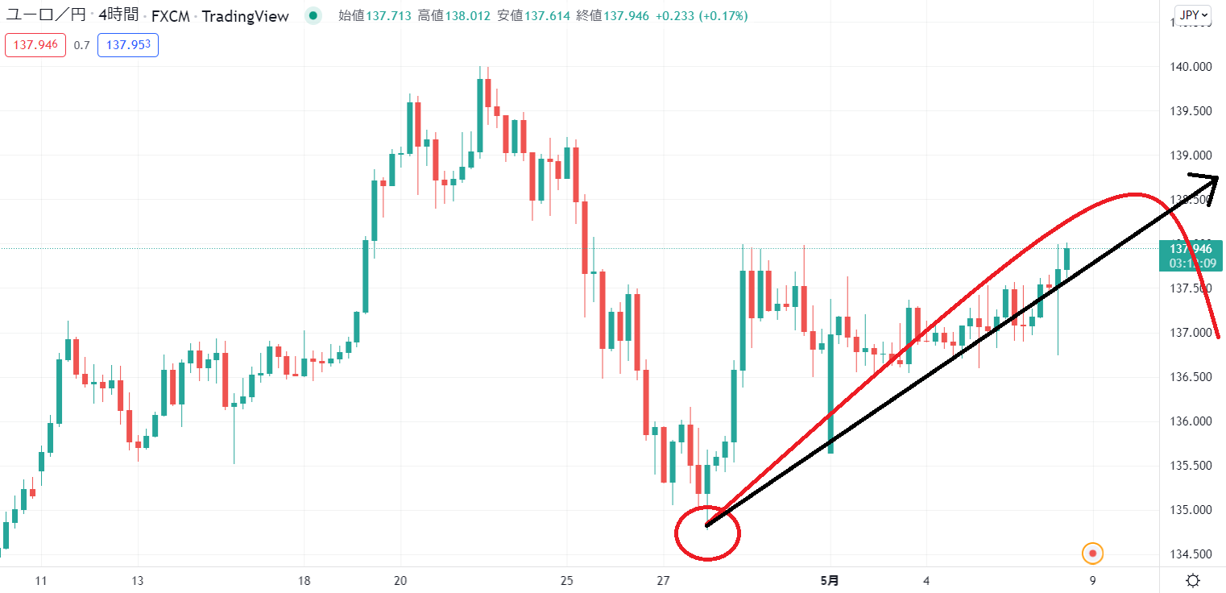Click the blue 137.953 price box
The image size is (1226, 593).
[x=127, y=45]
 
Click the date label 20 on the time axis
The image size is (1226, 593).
[x=401, y=581]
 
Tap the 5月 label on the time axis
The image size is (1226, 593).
[x=828, y=581]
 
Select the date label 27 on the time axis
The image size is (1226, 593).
[x=663, y=581]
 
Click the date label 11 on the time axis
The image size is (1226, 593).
[x=42, y=581]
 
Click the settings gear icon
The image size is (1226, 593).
[x=1194, y=581]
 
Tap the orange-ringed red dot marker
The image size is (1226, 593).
[x=1092, y=554]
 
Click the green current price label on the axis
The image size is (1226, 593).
[x=1191, y=255]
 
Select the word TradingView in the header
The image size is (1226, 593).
[x=245, y=15]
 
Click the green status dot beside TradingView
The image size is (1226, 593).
[x=313, y=15]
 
